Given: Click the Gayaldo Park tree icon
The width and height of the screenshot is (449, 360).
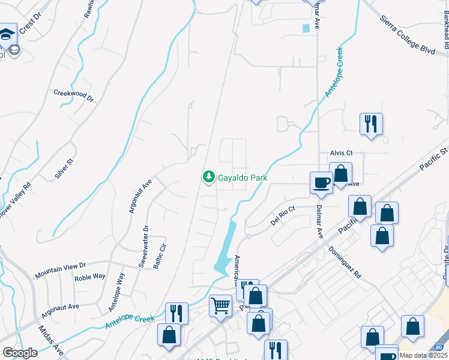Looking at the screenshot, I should pyautogui.click(x=208, y=177).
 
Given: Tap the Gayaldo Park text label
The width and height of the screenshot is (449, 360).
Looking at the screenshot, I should pyautogui.click(x=242, y=178).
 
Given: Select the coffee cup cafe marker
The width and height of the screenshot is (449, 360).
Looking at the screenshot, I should pyautogui.click(x=321, y=181).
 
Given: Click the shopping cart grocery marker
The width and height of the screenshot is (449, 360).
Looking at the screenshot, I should pyautogui.click(x=220, y=305).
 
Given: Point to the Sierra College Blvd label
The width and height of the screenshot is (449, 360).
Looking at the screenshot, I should pyautogui.click(x=408, y=35).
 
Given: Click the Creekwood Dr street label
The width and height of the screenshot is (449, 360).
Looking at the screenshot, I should pyautogui.click(x=74, y=95).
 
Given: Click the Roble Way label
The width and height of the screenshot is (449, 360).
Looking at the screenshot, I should pyautogui.click(x=90, y=277).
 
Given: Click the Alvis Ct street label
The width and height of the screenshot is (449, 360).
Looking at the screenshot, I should pyautogui.click(x=340, y=153).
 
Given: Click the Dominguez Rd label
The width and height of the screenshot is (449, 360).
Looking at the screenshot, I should pyautogui.click(x=345, y=262).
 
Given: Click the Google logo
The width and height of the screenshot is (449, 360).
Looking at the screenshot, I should pyautogui.click(x=20, y=353).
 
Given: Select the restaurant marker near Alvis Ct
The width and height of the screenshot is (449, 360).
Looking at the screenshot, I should pyautogui.click(x=371, y=124).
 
